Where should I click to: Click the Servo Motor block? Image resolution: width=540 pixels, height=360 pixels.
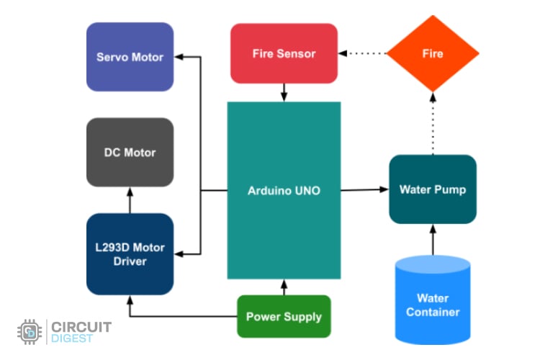point(130,57)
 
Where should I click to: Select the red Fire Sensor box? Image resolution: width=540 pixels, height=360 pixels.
point(284,53)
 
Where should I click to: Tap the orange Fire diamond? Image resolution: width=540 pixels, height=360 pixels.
point(433,53)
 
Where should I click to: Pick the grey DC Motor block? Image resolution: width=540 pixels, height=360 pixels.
point(130,152)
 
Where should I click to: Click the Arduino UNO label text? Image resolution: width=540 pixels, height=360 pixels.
point(284,191)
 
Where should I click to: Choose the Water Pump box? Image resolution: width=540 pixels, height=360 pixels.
point(433,189)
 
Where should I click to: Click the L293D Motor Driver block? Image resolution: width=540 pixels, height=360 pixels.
point(130,254)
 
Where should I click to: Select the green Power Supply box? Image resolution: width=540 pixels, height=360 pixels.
point(284,317)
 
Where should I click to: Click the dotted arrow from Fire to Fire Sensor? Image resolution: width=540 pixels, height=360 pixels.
point(364,53)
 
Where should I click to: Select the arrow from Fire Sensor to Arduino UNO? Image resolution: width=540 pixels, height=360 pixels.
point(284,92)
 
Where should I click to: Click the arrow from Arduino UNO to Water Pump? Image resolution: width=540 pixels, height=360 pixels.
point(364,190)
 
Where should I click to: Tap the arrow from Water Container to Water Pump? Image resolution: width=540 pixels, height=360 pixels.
point(433,240)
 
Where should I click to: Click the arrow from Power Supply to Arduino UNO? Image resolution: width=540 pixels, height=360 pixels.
point(284,287)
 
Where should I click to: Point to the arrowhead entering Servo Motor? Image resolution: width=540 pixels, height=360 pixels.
point(179,57)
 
